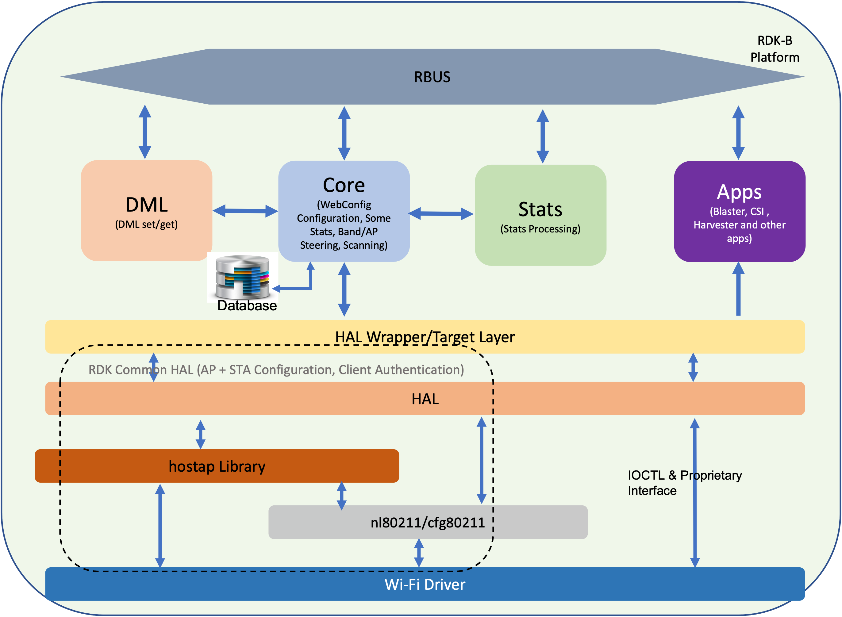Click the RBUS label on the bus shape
pos(432,77)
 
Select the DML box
pos(146,211)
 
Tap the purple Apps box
pos(739,211)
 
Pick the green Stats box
pos(540,215)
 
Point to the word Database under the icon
pos(247,305)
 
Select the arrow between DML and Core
pos(245,211)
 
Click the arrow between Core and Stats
pos(441,214)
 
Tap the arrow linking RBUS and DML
pos(145,132)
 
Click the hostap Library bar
pos(217,466)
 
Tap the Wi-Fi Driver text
pos(425,584)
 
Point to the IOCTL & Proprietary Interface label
pos(685,483)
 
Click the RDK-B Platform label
pos(775,48)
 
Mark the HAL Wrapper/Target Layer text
pos(425,337)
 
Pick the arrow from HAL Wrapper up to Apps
pos(738,289)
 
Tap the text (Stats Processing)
pos(540,229)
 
